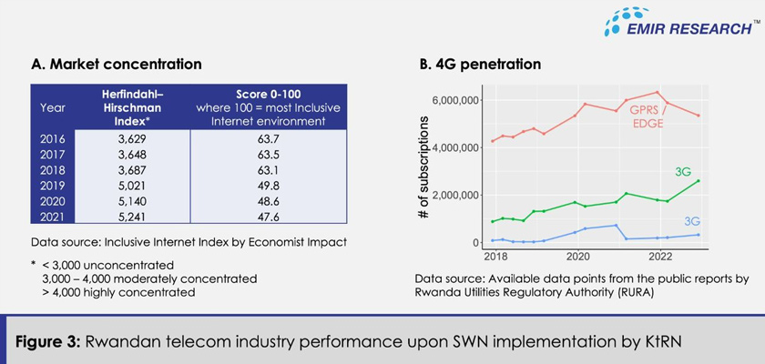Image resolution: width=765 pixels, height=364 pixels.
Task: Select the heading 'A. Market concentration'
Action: tap(116, 65)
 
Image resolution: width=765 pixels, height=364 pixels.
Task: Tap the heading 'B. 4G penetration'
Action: tap(479, 65)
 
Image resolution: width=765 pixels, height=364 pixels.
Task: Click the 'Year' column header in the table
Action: tap(53, 106)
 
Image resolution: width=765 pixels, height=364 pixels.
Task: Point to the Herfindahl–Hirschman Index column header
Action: tap(133, 106)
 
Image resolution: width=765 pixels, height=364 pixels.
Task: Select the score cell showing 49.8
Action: tap(266, 185)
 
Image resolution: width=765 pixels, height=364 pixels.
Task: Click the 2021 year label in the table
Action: tap(53, 217)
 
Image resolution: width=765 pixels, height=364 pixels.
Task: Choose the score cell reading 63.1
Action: tap(266, 169)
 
